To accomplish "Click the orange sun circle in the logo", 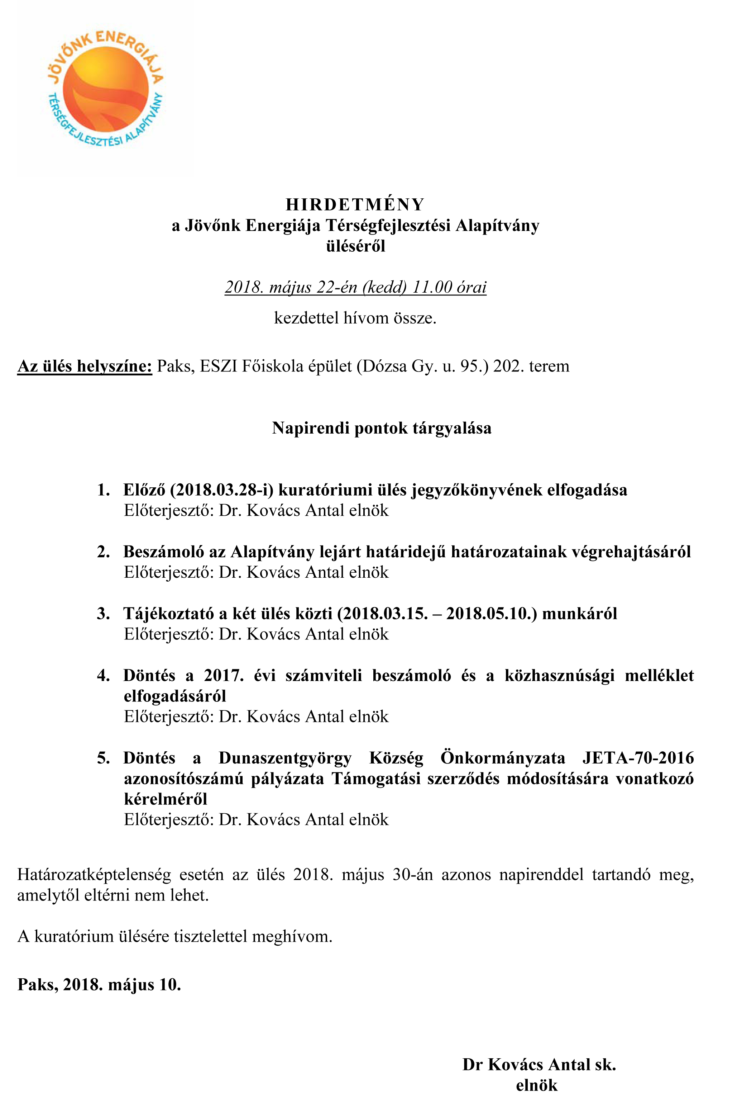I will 105,89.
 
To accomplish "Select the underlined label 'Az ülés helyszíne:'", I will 85,366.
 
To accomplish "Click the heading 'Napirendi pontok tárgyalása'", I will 382,428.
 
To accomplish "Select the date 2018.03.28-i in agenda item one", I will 221,490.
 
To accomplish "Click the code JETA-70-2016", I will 638,758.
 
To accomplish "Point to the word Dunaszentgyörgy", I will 285,759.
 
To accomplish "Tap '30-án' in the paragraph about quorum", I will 413,875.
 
